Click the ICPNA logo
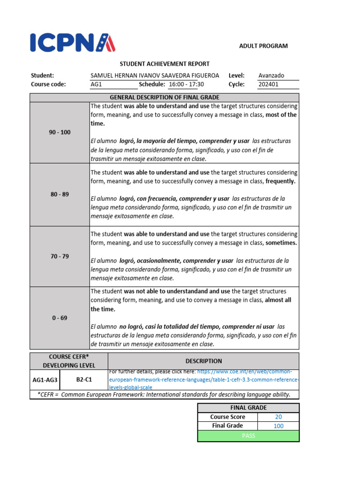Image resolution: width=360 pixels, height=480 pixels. point(73,43)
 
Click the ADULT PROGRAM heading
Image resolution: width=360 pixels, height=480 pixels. point(263,46)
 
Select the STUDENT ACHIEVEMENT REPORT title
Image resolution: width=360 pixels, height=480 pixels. point(165,64)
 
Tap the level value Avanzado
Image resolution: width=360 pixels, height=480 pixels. point(271,75)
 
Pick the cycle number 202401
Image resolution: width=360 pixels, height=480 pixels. point(268,84)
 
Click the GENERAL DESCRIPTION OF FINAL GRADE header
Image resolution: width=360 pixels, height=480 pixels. point(165,97)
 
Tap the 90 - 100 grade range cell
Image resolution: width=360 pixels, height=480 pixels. point(60,133)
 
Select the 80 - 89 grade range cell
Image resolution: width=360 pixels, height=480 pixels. point(60,194)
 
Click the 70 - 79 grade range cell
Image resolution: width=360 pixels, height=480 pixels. point(60,256)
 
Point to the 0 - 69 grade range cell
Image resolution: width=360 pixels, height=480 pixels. point(60,318)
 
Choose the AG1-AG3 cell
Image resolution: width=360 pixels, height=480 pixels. point(45,380)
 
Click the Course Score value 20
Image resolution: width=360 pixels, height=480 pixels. point(278,417)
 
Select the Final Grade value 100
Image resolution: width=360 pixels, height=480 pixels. point(278,426)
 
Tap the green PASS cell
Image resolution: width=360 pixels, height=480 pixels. point(248,436)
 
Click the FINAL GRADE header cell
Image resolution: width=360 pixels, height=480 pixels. point(248,408)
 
